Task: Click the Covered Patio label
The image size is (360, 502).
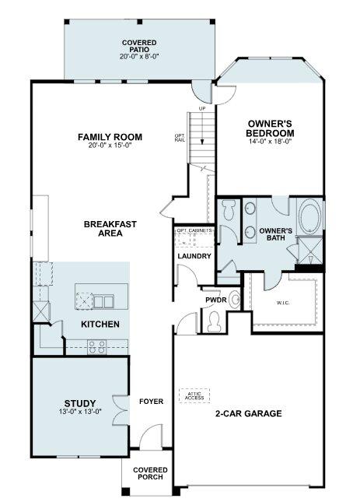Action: [139, 46]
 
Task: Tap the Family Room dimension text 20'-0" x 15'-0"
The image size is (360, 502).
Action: [110, 145]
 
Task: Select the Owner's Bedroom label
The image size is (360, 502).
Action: [270, 128]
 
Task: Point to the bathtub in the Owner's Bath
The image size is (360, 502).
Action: [309, 216]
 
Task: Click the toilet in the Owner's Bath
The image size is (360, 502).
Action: [229, 209]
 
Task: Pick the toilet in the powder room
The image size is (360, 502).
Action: [213, 321]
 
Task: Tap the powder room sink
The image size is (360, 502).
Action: [236, 300]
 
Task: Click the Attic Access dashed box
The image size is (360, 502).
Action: [194, 396]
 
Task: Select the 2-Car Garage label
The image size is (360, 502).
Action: [248, 413]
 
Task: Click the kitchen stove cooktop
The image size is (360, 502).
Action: [97, 346]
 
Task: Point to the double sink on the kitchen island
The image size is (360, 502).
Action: [103, 301]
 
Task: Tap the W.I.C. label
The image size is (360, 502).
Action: [283, 303]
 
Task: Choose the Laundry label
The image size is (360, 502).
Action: [194, 256]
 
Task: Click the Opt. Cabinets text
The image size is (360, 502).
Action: [194, 230]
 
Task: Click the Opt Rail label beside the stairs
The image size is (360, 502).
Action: [180, 138]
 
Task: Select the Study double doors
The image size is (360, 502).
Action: [121, 411]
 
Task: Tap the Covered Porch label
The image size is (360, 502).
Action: [150, 473]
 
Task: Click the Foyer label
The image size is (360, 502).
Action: [151, 402]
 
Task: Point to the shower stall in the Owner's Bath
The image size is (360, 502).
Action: [309, 251]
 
